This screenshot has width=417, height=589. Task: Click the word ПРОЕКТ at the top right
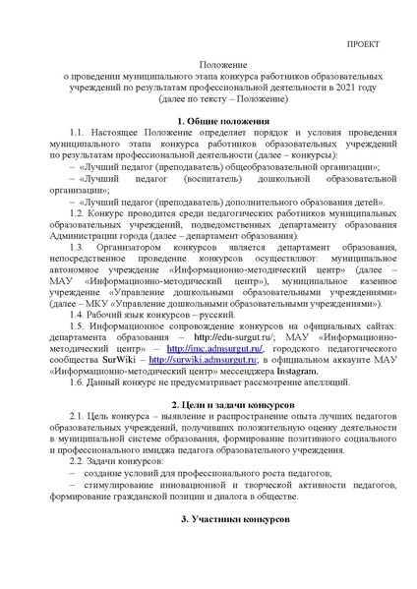pyautogui.click(x=368, y=45)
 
